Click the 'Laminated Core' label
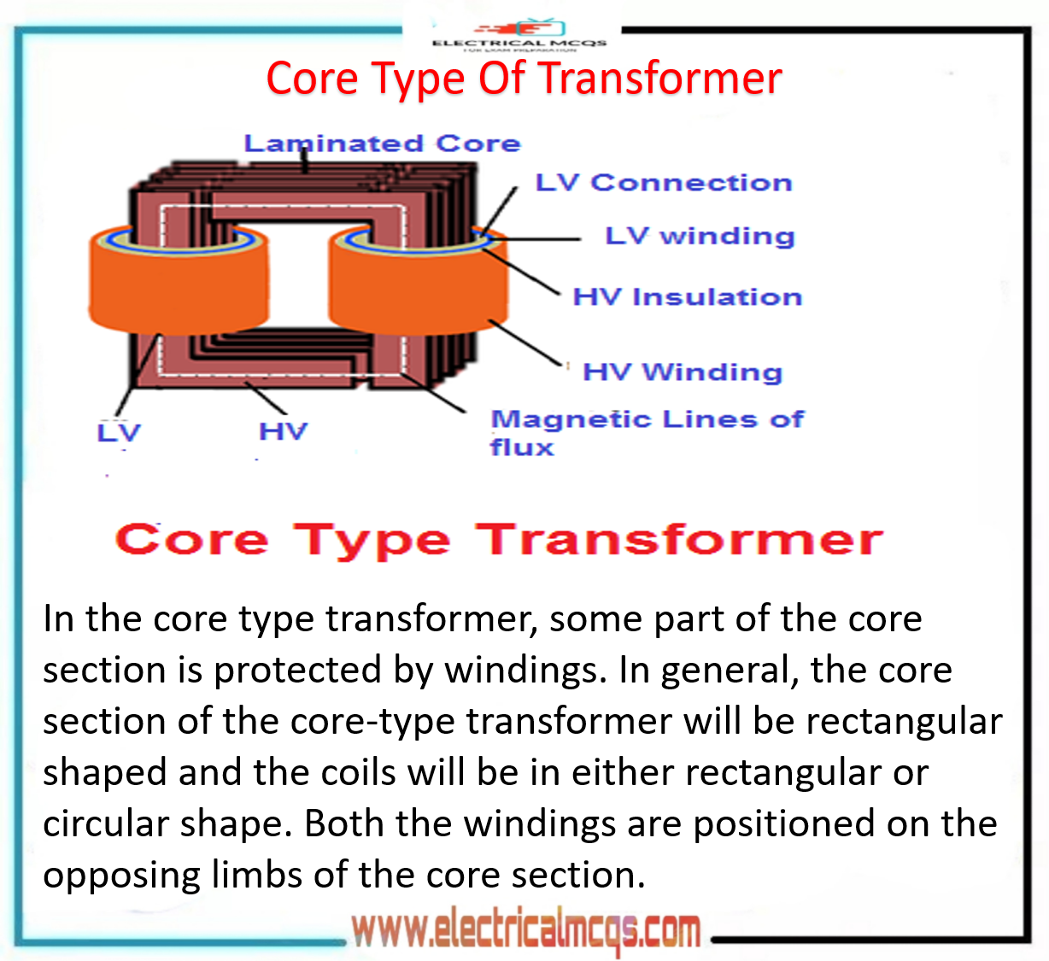tap(382, 143)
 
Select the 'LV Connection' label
tap(664, 182)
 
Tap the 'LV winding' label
tap(700, 235)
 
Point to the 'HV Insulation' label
tap(688, 296)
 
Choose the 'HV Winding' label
tap(683, 372)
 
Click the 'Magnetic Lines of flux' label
tap(647, 431)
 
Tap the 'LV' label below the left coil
tap(118, 432)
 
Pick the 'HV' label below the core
tap(283, 431)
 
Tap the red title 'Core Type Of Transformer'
tap(524, 79)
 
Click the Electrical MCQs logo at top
tap(519, 36)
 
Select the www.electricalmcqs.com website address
tap(526, 930)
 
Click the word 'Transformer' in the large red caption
tap(679, 540)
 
